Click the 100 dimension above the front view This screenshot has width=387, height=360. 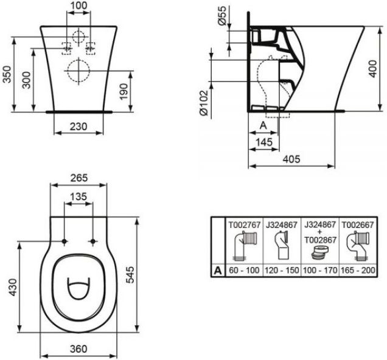tap(78, 5)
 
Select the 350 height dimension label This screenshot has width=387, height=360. tap(7, 74)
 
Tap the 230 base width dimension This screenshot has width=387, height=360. tap(78, 126)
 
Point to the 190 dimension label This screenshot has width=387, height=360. tap(124, 91)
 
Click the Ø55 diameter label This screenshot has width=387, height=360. tap(222, 16)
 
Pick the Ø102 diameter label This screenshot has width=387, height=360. tap(204, 103)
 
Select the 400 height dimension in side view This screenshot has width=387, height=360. tap(373, 68)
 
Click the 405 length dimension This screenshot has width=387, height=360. tap(291, 159)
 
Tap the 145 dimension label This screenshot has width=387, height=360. tap(264, 142)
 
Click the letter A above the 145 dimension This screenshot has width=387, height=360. tap(263, 125)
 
